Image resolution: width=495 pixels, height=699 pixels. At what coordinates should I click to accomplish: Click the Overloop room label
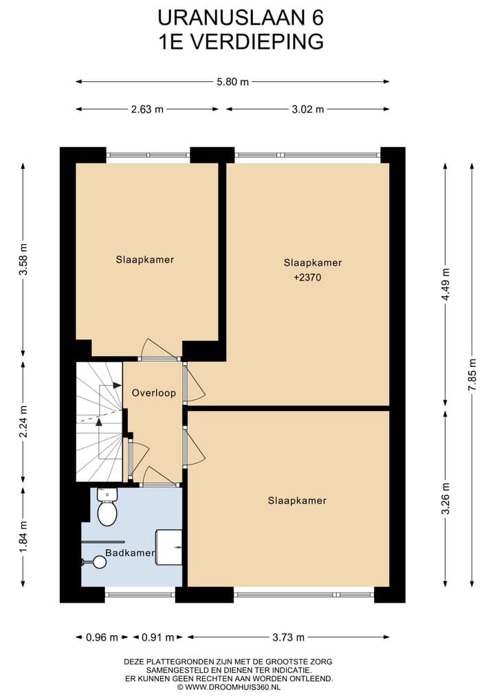coord(154,393)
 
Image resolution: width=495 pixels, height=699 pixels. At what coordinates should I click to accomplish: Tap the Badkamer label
coord(130,553)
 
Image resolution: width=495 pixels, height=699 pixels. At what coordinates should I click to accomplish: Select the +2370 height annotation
coord(307,277)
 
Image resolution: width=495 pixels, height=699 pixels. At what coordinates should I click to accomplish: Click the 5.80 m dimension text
coord(232,82)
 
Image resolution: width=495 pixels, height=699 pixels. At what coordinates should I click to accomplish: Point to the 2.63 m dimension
coord(147,109)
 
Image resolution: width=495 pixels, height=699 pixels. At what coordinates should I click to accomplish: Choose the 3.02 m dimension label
coord(308,109)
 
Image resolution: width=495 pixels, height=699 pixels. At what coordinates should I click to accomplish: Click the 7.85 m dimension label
coord(472,375)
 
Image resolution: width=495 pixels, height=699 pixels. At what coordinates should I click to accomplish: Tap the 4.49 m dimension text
coord(445,285)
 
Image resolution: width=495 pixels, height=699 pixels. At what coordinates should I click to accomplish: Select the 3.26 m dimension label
coord(445,498)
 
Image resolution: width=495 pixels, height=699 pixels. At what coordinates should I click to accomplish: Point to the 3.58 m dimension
coord(23,259)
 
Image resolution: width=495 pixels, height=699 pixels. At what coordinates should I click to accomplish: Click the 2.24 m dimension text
coord(23,421)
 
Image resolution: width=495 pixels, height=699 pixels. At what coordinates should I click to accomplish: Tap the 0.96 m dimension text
coord(102,637)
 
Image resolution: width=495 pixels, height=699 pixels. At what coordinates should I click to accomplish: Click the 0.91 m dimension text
coord(157,637)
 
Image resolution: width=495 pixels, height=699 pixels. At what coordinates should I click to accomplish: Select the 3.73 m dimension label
coord(289,637)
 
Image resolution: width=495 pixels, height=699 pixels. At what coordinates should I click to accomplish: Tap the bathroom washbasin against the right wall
coord(168,547)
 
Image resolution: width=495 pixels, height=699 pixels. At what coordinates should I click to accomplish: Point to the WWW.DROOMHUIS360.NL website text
coord(232,687)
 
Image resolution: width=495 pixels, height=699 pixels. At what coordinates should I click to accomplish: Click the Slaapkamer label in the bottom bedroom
coord(297,500)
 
